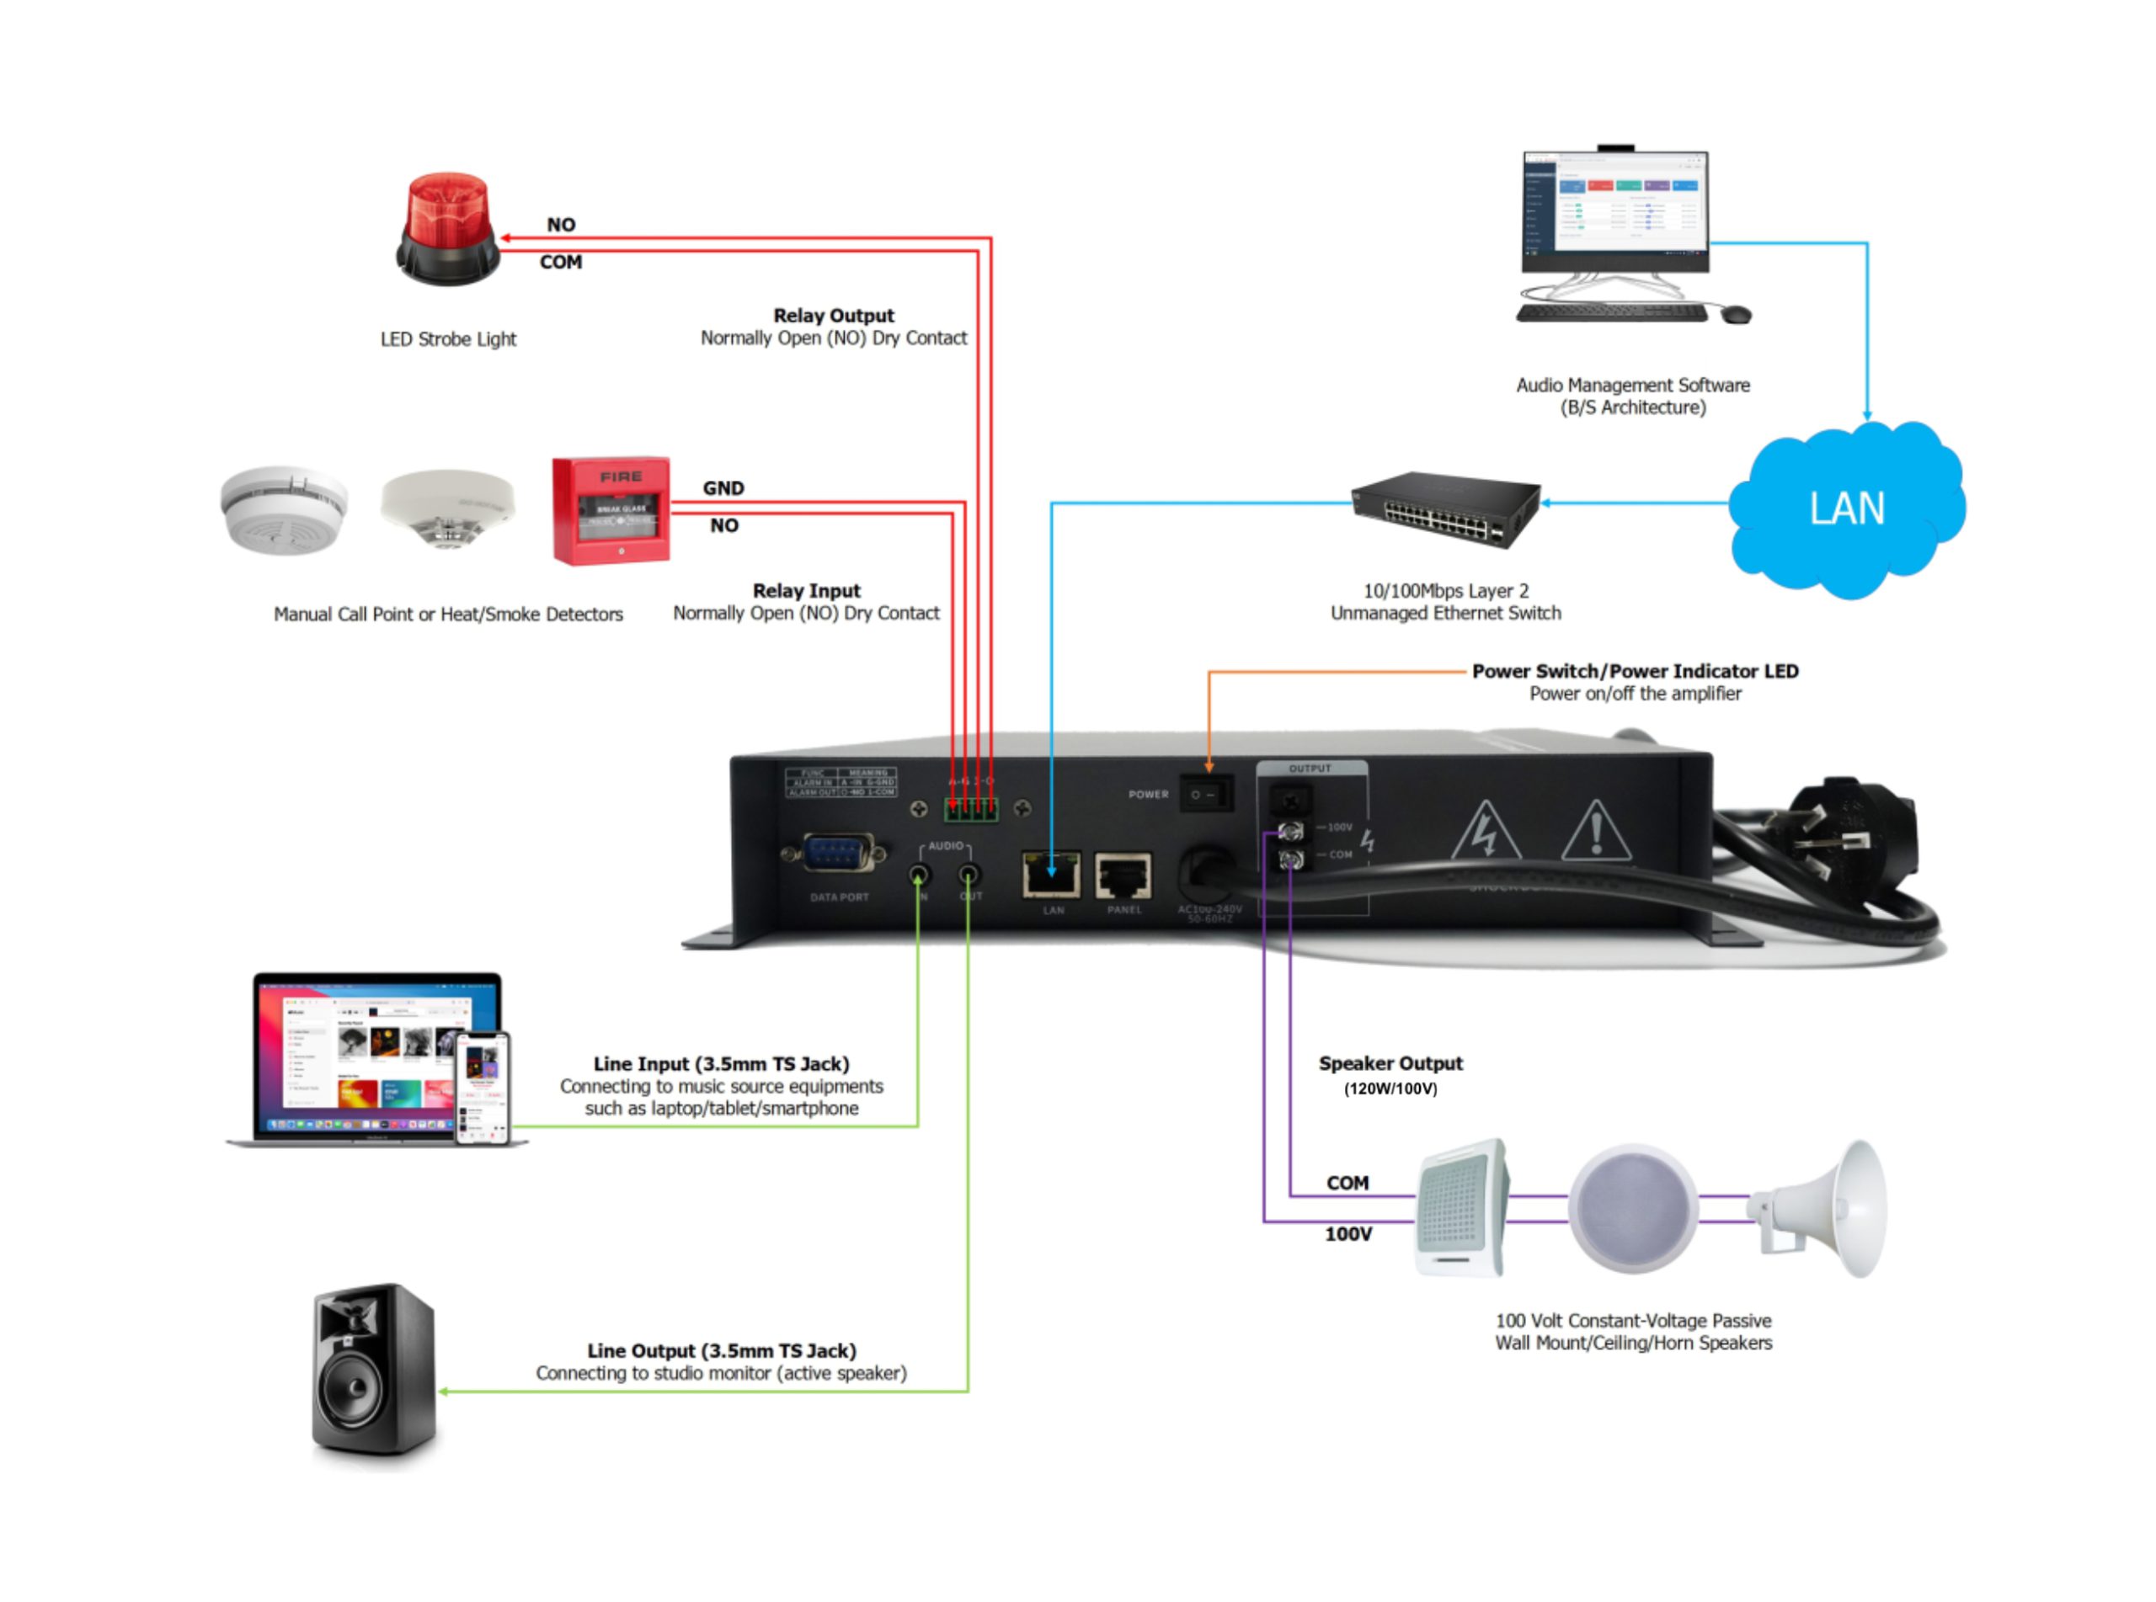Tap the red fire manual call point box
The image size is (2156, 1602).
(x=611, y=510)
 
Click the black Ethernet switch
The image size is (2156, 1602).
(x=1445, y=508)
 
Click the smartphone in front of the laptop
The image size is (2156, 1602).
(x=482, y=1087)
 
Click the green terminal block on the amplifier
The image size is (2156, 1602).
(x=971, y=808)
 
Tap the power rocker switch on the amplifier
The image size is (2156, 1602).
(x=1205, y=794)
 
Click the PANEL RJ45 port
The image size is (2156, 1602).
(x=1123, y=876)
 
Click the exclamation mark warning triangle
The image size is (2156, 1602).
(x=1595, y=832)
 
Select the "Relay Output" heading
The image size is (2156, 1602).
(x=833, y=315)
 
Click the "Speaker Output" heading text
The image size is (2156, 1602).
(x=1390, y=1063)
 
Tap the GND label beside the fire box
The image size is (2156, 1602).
(x=723, y=487)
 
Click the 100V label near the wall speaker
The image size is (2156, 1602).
(x=1348, y=1233)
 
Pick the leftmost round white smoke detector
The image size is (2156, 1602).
(x=283, y=508)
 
